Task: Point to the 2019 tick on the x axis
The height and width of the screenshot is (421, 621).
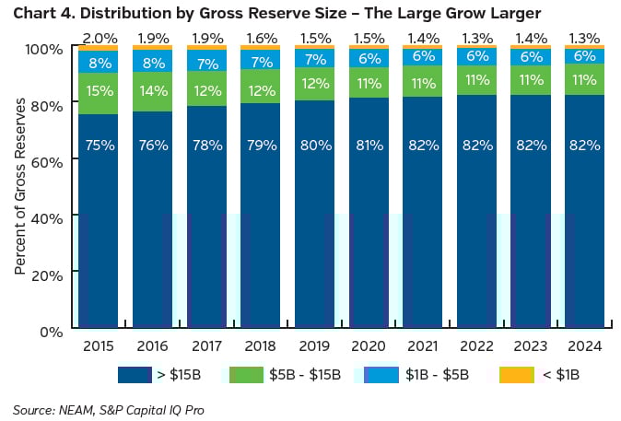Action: pyautogui.click(x=314, y=345)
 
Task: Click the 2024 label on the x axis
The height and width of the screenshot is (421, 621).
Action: pyautogui.click(x=585, y=345)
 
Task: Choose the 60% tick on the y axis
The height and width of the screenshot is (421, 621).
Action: pyautogui.click(x=52, y=160)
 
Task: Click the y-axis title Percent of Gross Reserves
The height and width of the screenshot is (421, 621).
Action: pyautogui.click(x=19, y=190)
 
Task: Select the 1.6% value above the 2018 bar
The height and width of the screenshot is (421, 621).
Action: pyautogui.click(x=260, y=37)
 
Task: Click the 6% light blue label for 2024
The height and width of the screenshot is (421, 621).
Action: pyautogui.click(x=585, y=55)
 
